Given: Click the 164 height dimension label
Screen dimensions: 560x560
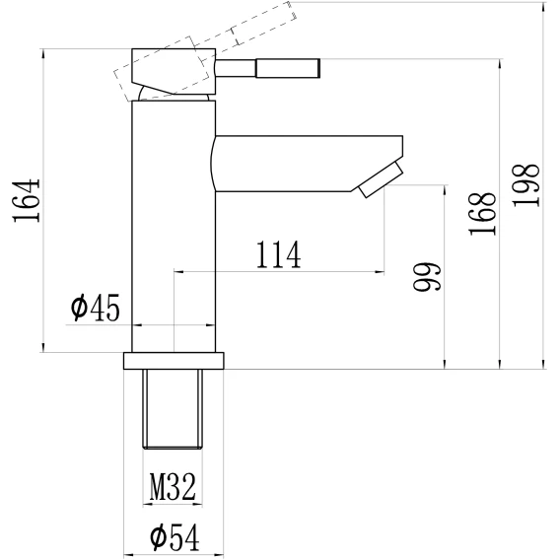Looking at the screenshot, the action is [27, 200].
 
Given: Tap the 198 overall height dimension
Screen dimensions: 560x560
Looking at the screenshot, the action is [525, 185].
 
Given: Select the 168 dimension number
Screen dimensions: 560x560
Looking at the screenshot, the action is [482, 214].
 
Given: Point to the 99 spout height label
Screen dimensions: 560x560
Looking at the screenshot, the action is [427, 277].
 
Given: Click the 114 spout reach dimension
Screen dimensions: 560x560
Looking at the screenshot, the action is [279, 254].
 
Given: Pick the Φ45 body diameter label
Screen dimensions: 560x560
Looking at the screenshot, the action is [95, 308].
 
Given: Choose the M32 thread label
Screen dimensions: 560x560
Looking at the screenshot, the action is [173, 486].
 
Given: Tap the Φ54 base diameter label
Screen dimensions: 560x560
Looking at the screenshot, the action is [175, 537].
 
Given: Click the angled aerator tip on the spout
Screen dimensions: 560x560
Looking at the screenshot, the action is [382, 179].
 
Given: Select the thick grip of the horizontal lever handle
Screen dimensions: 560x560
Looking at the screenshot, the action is [288, 68].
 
